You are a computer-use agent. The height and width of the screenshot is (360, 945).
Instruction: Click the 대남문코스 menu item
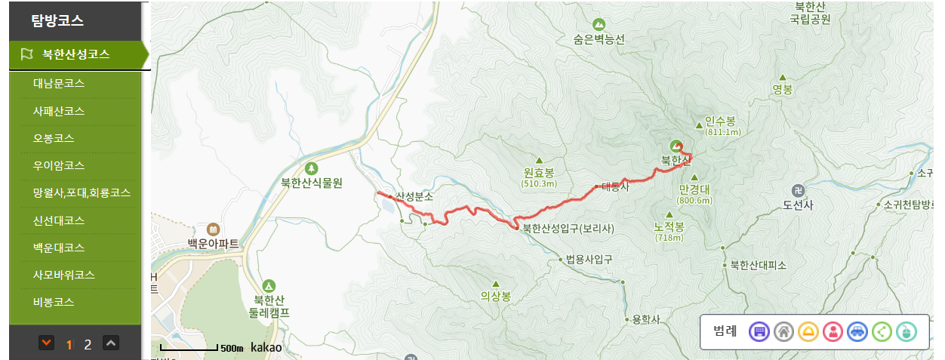click(58, 83)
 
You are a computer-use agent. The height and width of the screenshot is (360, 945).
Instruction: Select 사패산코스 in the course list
click(58, 111)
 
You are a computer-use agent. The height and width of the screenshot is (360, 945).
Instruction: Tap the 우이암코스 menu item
click(58, 165)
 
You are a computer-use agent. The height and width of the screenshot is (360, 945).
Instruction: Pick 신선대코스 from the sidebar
click(58, 220)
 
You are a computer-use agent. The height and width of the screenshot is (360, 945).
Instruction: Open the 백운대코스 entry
click(58, 248)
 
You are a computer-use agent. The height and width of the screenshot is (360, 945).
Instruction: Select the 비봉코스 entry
click(53, 302)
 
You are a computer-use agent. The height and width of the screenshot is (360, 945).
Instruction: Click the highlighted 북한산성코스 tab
click(75, 54)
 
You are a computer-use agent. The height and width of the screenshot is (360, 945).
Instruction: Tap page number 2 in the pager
click(88, 345)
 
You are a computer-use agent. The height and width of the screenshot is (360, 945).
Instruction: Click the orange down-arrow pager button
click(47, 343)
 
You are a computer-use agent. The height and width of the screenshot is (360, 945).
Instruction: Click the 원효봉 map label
click(539, 172)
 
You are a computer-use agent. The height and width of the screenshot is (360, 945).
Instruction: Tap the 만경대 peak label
click(694, 189)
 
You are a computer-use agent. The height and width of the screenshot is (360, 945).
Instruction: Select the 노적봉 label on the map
click(669, 226)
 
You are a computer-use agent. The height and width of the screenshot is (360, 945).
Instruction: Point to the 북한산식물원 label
click(312, 182)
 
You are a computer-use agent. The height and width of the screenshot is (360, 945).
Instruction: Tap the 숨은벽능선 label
click(599, 40)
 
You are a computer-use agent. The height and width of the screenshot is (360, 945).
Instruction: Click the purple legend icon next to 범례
click(759, 331)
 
